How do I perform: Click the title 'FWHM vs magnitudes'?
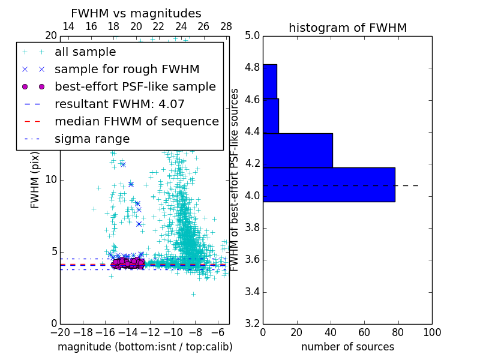pyautogui.click(x=136, y=13)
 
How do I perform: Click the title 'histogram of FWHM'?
pyautogui.click(x=347, y=28)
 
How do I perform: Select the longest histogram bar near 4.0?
pyautogui.click(x=329, y=185)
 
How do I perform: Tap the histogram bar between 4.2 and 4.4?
pyautogui.click(x=298, y=151)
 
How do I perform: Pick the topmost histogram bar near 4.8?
pyautogui.click(x=270, y=81)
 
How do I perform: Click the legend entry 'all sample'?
pyautogui.click(x=85, y=52)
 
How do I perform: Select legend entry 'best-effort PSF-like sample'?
pyautogui.click(x=135, y=86)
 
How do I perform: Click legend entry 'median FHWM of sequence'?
pyautogui.click(x=136, y=121)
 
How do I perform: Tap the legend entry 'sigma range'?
pyautogui.click(x=92, y=139)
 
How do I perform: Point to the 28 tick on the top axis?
pyautogui.click(x=226, y=26)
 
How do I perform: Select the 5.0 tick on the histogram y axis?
pyautogui.click(x=252, y=35)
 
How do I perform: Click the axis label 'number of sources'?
pyautogui.click(x=347, y=347)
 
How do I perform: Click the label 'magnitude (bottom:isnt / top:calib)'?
pyautogui.click(x=145, y=347)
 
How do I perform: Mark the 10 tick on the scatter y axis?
pyautogui.click(x=52, y=179)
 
